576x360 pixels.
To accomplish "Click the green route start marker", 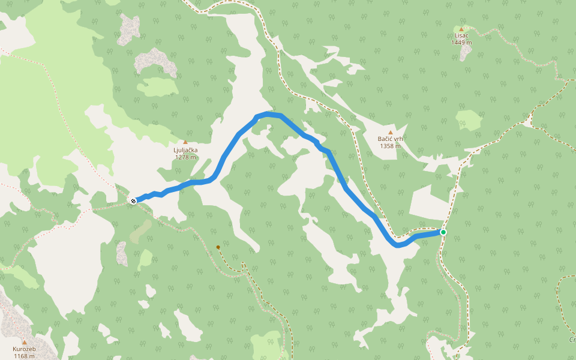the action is (x=443, y=232).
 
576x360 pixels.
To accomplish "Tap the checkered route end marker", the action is (x=133, y=201).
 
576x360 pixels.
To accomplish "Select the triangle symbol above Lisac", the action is (x=461, y=29).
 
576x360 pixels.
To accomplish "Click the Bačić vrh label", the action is (x=390, y=139).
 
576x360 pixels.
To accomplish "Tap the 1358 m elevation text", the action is (x=390, y=146).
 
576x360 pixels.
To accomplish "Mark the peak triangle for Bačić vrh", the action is (x=390, y=132).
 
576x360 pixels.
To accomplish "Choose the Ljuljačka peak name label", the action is (x=185, y=150).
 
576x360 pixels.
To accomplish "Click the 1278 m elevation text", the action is (x=185, y=157).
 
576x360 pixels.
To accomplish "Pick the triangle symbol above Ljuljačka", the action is (x=185, y=142).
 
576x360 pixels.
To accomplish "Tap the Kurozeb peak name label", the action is (x=25, y=349).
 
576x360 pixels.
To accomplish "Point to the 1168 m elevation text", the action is (x=25, y=356).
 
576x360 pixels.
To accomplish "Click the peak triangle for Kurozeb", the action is (x=25, y=342).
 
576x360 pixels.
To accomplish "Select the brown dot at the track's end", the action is (x=218, y=247).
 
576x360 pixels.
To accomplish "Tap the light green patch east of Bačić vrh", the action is (x=469, y=119).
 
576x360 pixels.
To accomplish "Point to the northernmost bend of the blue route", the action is (x=268, y=113).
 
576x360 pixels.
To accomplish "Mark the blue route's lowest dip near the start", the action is (x=398, y=245).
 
